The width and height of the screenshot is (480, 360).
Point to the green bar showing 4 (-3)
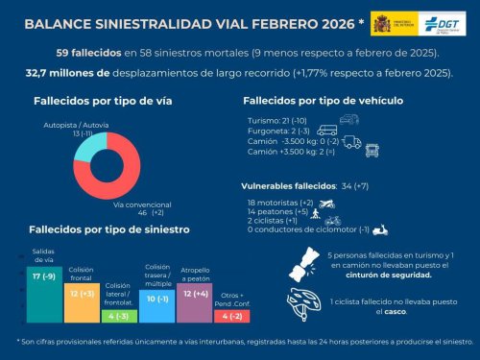117,315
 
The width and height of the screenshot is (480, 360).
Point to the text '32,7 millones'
62,72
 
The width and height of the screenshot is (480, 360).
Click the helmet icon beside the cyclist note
301,301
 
